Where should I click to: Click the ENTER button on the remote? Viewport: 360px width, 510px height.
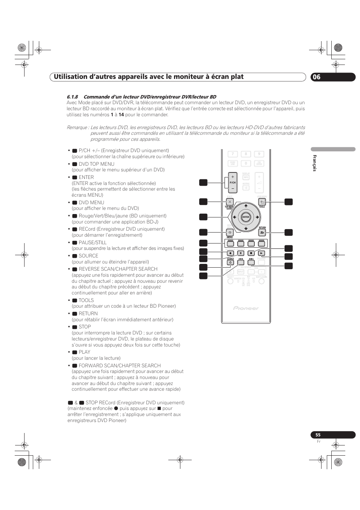coord(246,217)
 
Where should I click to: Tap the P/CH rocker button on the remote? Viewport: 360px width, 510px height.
coord(232,182)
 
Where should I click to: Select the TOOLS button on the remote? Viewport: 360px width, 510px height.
coord(262,202)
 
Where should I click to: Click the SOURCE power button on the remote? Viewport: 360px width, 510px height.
coord(230,262)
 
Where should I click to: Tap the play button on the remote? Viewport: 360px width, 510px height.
coord(262,253)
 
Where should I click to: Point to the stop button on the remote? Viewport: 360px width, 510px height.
coord(251,253)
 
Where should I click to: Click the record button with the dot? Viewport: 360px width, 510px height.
coord(230,253)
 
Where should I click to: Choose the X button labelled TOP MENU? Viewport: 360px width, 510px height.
coord(229,202)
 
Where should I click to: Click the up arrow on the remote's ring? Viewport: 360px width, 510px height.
coord(246,206)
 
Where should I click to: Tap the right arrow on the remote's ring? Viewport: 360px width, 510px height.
coord(257,217)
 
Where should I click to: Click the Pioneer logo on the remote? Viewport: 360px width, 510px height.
coord(246,308)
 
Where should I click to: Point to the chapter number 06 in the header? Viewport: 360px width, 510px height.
coord(317,77)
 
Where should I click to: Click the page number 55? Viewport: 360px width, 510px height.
coord(318,435)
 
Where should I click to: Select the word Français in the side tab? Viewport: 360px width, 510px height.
coord(314,163)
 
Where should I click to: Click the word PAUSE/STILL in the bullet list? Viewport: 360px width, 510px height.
coord(92,242)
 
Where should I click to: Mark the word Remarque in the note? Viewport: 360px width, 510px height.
coord(77,127)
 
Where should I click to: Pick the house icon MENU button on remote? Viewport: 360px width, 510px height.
coord(229,233)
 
